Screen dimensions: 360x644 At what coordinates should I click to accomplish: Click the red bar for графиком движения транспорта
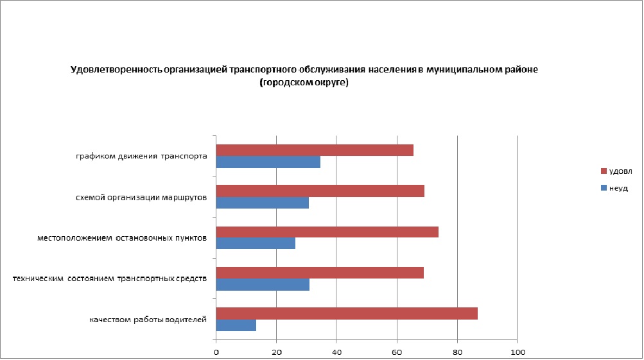(x=315, y=150)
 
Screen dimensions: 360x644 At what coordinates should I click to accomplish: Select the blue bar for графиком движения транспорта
(x=268, y=162)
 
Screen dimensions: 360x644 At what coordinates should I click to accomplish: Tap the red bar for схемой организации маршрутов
(x=320, y=191)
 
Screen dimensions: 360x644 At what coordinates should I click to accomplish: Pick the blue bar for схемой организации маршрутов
(x=262, y=203)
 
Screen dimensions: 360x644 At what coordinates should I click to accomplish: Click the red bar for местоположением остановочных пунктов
(x=327, y=232)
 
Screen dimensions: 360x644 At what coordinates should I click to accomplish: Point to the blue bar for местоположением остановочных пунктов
(x=256, y=244)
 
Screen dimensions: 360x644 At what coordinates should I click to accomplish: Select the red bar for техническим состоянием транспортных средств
(x=320, y=272)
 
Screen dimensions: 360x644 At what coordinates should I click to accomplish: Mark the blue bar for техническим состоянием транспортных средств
(x=263, y=284)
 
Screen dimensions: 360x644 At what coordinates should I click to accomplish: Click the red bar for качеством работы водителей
(x=347, y=313)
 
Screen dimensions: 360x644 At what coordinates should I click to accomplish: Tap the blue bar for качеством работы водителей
(x=236, y=325)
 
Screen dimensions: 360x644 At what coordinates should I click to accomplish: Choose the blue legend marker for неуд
(x=603, y=188)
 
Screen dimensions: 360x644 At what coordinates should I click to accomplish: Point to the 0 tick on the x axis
(x=216, y=352)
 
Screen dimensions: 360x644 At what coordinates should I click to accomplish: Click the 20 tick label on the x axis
(x=277, y=352)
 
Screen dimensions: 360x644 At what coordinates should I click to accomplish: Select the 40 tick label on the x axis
(x=336, y=352)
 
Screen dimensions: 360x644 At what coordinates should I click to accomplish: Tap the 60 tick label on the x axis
(x=397, y=352)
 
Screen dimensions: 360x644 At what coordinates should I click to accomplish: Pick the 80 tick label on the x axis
(x=457, y=352)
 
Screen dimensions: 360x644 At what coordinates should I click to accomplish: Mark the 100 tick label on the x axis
(x=518, y=352)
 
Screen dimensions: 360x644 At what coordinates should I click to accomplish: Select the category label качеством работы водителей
(x=148, y=320)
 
